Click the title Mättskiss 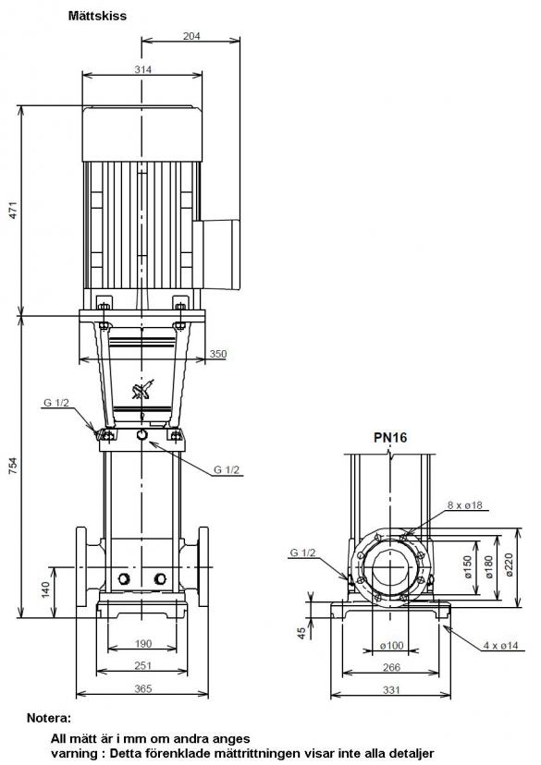click(97, 16)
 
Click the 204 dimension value click(191, 36)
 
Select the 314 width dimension click(142, 69)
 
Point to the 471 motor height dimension click(14, 210)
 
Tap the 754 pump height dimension click(14, 466)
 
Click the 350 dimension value click(217, 354)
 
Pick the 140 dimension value click(45, 589)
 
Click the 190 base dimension click(142, 644)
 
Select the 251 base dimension click(142, 665)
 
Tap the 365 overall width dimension click(142, 688)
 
